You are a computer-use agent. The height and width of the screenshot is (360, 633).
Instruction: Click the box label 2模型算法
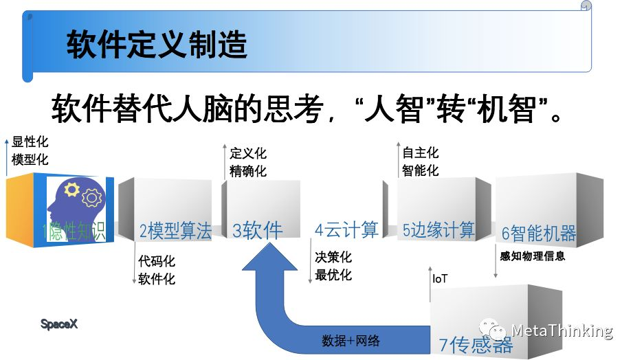coord(175,231)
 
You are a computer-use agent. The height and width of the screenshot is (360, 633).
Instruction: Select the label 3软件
coord(258,230)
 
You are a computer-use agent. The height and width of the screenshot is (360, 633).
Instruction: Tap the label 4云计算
coord(346,229)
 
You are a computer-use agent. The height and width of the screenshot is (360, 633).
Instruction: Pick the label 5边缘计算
coord(438,229)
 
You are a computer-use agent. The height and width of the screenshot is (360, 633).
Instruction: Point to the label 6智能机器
coord(538,233)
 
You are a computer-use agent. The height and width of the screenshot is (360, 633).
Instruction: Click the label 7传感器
coord(476,344)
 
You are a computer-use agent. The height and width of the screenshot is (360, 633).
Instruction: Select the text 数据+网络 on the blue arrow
coord(351,341)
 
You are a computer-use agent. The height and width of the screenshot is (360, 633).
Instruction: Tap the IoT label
coord(440,279)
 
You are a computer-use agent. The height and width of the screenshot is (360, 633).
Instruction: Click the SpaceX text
coord(59,324)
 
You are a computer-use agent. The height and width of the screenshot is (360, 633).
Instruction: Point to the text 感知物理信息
coord(533,256)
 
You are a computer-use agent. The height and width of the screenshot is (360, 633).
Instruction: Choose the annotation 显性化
coord(30,143)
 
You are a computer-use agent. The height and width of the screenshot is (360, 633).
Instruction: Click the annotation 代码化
coord(157,261)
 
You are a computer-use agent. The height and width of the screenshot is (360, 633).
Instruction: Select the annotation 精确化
coord(248,170)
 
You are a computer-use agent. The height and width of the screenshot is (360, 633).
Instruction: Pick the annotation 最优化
coord(333,275)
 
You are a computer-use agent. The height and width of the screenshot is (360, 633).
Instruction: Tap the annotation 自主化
coord(420,153)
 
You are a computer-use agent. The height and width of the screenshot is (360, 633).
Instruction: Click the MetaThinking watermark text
coord(562,331)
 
